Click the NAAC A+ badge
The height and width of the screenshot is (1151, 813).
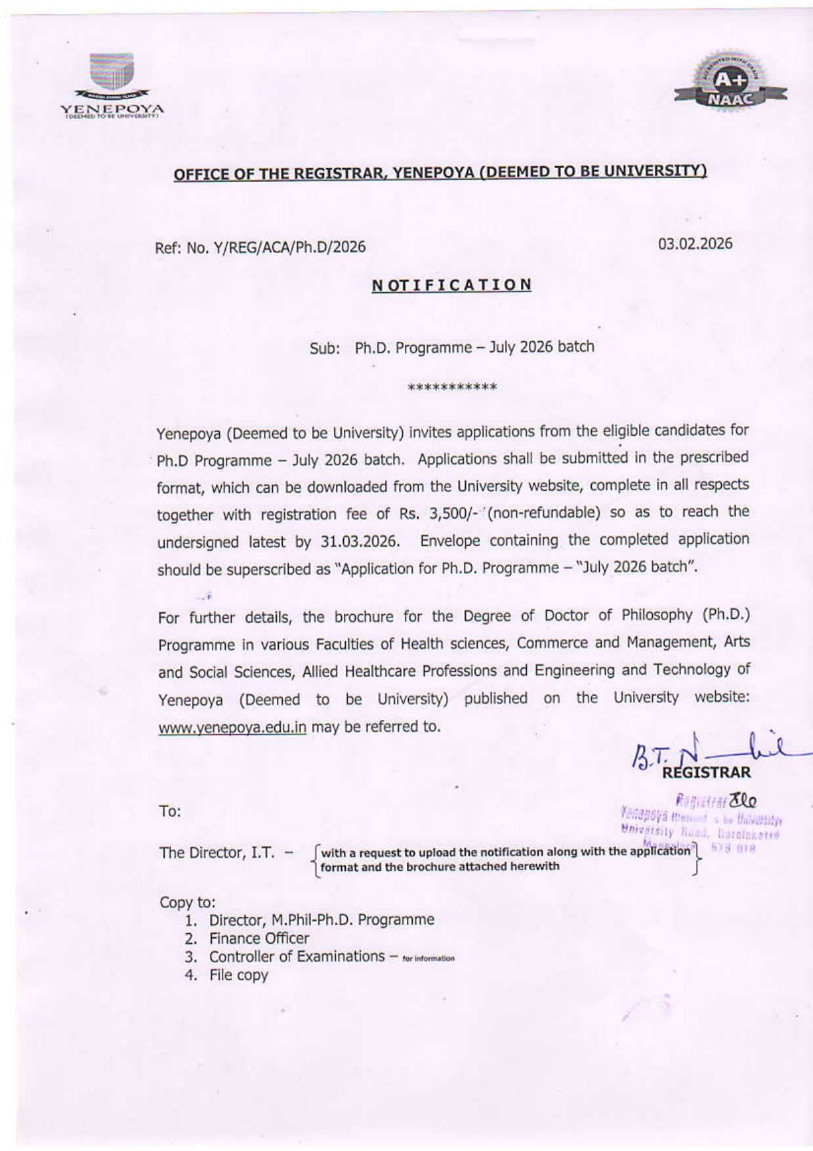pyautogui.click(x=730, y=89)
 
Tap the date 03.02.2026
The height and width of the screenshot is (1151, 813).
pyautogui.click(x=695, y=244)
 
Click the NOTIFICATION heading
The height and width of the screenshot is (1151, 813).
pyautogui.click(x=451, y=285)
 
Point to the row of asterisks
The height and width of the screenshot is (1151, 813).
pyautogui.click(x=452, y=387)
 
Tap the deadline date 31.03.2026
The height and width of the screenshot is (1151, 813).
pyautogui.click(x=360, y=542)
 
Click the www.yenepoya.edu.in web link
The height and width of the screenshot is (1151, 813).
pyautogui.click(x=232, y=728)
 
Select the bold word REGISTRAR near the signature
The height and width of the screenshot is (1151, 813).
pyautogui.click(x=706, y=772)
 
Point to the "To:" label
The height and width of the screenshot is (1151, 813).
pyautogui.click(x=170, y=812)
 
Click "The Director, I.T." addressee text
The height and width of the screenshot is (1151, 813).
pyautogui.click(x=217, y=853)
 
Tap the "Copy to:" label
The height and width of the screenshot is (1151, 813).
pyautogui.click(x=187, y=902)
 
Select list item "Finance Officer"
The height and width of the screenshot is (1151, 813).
pyautogui.click(x=259, y=938)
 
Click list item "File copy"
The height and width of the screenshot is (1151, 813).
pyautogui.click(x=238, y=975)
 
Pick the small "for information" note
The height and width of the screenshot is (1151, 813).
pyautogui.click(x=428, y=959)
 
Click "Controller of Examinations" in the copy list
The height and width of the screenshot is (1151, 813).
pyautogui.click(x=297, y=957)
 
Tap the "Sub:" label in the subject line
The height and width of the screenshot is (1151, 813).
pyautogui.click(x=325, y=348)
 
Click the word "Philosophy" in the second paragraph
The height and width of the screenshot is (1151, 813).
pyautogui.click(x=657, y=616)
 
